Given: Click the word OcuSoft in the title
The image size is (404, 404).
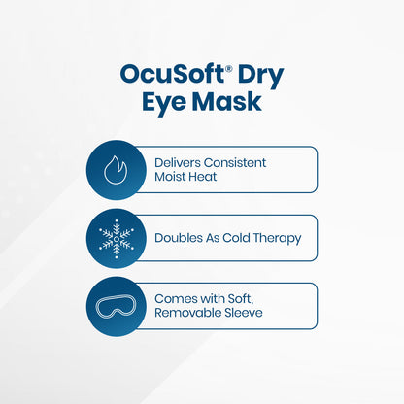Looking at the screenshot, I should click(x=160, y=74).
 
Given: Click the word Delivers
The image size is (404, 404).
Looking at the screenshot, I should click(x=178, y=162).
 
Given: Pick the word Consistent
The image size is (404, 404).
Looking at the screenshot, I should click(x=234, y=162).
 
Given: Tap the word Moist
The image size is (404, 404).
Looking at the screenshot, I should click(x=171, y=178).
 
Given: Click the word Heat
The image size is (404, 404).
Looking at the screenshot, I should click(x=208, y=178).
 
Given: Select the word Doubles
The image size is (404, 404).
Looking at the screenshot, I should click(x=178, y=238).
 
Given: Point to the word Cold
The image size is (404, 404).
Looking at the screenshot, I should click(x=238, y=238).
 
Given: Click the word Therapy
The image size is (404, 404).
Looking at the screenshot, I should click(x=280, y=238).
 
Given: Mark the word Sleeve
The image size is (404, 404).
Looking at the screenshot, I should click(x=243, y=314).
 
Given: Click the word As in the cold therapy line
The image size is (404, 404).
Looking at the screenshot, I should click(x=212, y=238).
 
